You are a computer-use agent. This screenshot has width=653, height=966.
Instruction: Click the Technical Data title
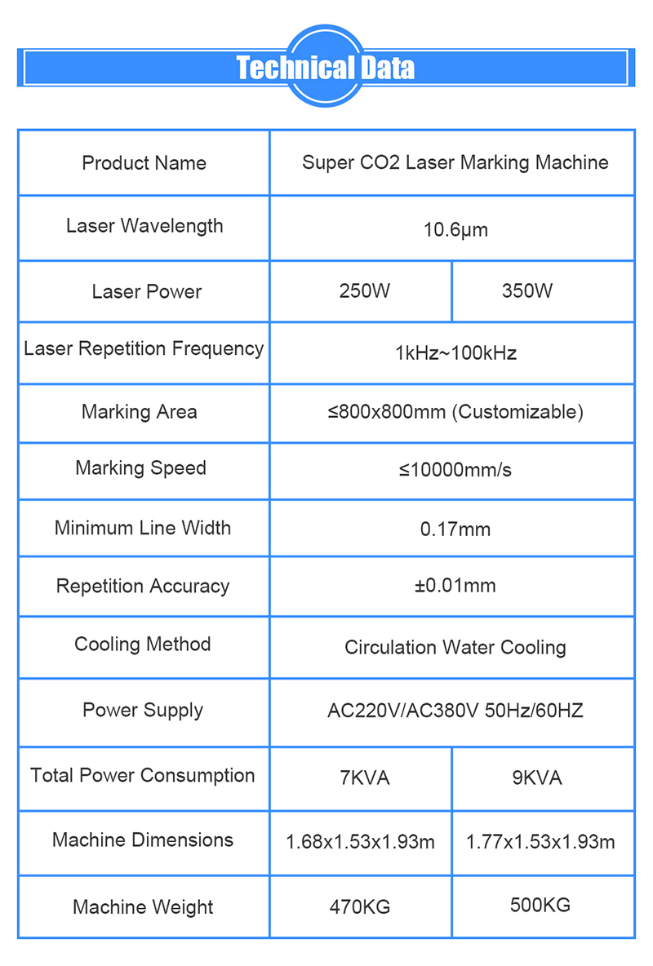(325, 68)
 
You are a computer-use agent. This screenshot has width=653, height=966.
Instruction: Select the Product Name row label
(144, 163)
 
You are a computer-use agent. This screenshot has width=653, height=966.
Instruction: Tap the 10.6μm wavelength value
(455, 230)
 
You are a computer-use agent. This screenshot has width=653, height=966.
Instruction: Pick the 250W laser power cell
(364, 291)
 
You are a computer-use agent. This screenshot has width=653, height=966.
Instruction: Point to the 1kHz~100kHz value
(455, 353)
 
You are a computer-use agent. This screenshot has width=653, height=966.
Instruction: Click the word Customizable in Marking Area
(518, 412)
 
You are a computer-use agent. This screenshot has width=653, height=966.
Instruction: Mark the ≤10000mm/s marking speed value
(455, 470)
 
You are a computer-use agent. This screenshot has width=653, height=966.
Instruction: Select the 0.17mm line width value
(455, 530)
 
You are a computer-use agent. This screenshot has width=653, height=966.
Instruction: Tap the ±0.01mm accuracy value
(455, 586)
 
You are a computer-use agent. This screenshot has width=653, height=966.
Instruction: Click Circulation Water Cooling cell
(455, 648)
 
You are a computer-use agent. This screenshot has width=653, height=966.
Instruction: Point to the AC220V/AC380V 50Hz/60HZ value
(455, 711)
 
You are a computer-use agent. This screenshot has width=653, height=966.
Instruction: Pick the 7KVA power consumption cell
(364, 778)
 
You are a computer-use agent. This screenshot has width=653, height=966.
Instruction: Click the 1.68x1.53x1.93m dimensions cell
(360, 842)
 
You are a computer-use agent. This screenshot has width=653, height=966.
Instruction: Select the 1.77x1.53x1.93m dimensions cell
(540, 842)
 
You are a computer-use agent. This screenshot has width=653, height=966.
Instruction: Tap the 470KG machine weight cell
(360, 906)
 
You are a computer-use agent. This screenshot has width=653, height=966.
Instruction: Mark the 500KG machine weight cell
(540, 905)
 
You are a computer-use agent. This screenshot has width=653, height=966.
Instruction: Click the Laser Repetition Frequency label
(144, 349)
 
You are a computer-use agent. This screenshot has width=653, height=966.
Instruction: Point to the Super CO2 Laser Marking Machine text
(455, 162)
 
